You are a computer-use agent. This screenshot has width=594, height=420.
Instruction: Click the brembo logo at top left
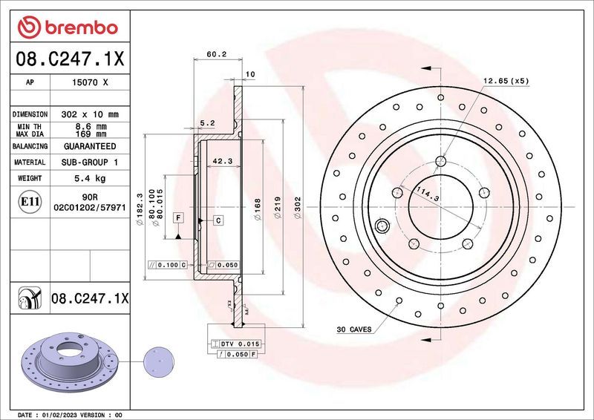coord(68,27)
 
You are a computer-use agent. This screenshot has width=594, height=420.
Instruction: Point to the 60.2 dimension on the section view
coord(216,54)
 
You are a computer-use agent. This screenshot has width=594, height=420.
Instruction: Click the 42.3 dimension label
coord(222,160)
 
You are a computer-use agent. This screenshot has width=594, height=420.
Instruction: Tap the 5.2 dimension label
coord(207,122)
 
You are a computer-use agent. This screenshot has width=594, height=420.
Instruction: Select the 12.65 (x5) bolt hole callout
coord(506,81)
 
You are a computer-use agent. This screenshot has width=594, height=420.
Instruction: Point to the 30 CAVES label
coord(354,329)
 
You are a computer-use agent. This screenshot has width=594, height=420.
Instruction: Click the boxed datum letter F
coord(178,217)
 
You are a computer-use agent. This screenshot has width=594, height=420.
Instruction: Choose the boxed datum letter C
coord(219,220)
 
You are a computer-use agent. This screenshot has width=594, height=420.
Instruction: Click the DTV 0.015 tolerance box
coord(238,344)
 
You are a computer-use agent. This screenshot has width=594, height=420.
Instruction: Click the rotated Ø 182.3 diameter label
coord(139,208)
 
